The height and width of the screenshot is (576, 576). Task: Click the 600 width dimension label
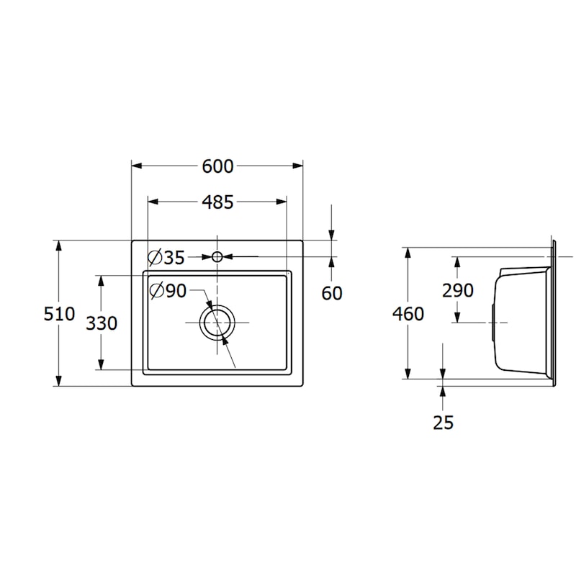click(217, 166)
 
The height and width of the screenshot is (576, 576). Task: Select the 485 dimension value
click(217, 202)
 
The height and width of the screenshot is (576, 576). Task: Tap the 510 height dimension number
click(59, 314)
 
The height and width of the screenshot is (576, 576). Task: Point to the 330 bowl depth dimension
click(102, 323)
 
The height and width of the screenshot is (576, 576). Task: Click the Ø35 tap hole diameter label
click(166, 257)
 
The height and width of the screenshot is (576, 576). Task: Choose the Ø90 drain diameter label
click(168, 291)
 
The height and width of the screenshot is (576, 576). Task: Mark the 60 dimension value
click(332, 293)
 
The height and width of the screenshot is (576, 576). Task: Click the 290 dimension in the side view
click(458, 291)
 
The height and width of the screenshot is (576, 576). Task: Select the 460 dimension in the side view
click(408, 314)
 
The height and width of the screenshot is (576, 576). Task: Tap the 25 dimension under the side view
click(444, 423)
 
